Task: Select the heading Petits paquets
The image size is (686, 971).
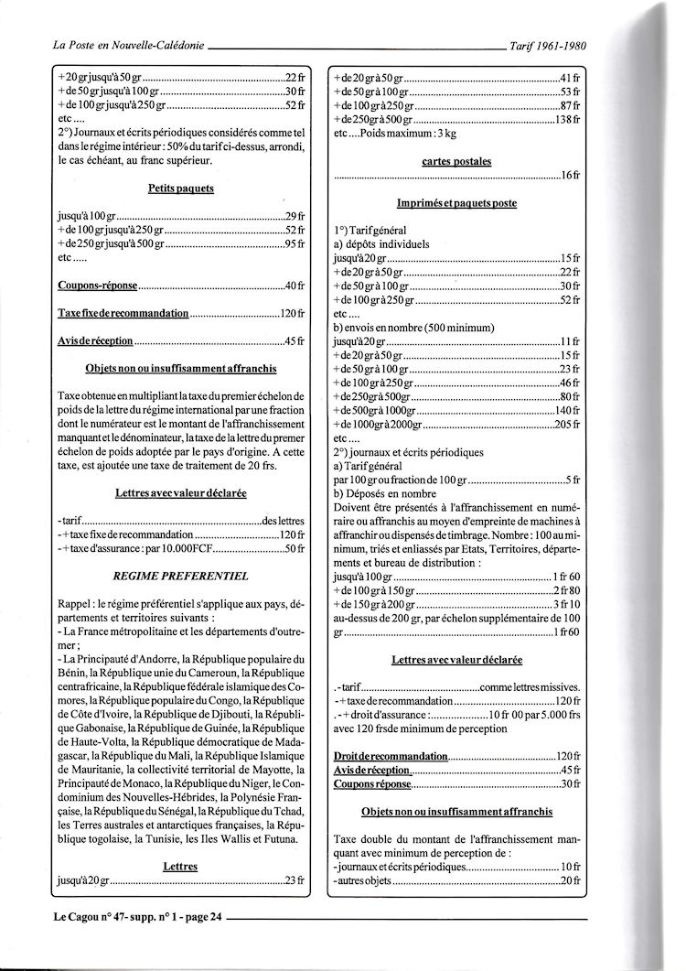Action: pos(181,189)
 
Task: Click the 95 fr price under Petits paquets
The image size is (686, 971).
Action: pos(295,244)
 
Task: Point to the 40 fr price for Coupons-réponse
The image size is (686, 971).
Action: pos(295,286)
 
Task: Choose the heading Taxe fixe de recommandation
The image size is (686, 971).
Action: pos(123,313)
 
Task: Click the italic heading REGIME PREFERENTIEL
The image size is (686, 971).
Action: pos(180,576)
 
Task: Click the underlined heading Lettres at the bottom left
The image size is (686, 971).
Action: pos(180,865)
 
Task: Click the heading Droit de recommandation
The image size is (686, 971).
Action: pos(391,758)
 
